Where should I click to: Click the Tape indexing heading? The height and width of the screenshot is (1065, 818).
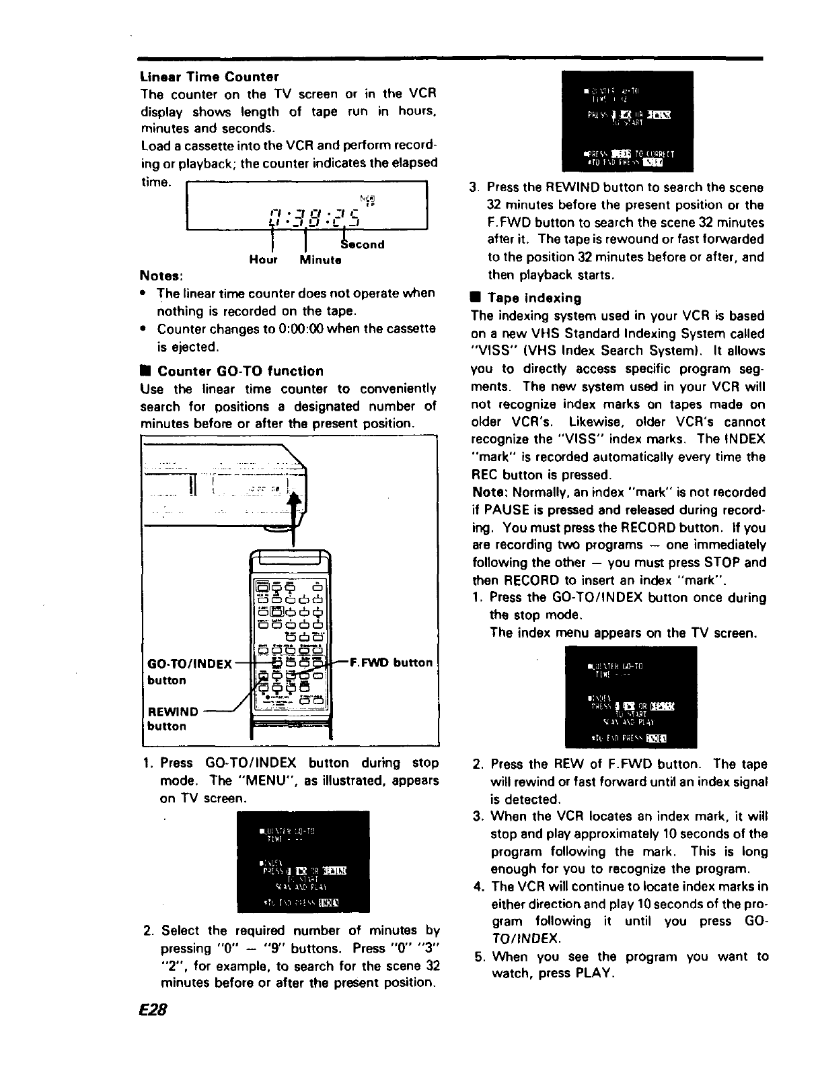coord(534,298)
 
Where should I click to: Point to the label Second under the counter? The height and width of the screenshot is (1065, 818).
coord(363,244)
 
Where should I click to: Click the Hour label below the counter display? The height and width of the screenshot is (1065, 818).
coord(263,259)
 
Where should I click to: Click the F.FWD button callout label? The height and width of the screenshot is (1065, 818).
coord(393,662)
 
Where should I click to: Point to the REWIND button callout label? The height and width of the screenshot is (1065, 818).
coord(173,712)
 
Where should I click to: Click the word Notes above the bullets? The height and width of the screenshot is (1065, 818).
coord(161,276)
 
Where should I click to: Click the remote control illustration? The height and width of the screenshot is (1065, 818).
coord(290,640)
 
